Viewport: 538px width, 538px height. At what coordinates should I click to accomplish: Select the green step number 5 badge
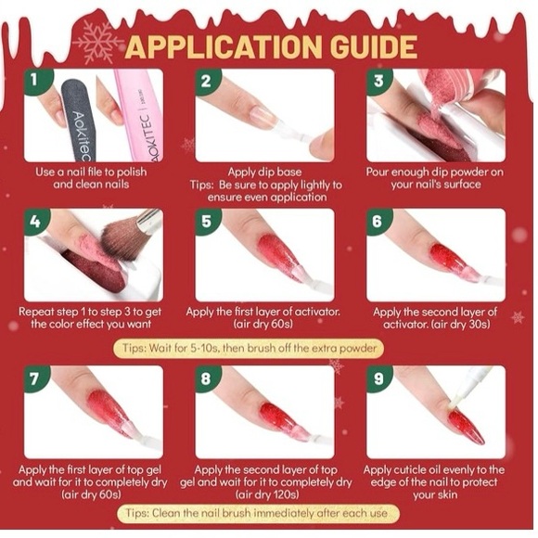tap(207, 222)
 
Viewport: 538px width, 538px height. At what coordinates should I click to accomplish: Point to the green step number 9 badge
tap(378, 378)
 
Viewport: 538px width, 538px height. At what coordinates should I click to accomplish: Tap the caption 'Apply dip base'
tap(264, 172)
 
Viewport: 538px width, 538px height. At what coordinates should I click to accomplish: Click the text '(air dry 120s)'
tap(267, 494)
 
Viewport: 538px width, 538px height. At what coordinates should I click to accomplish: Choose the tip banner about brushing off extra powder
tap(249, 349)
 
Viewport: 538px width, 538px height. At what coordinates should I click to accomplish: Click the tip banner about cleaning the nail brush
tap(258, 513)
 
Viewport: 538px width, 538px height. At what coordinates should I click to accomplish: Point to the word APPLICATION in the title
tap(224, 47)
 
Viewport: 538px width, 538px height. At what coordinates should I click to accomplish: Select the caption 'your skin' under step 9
tap(435, 494)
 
